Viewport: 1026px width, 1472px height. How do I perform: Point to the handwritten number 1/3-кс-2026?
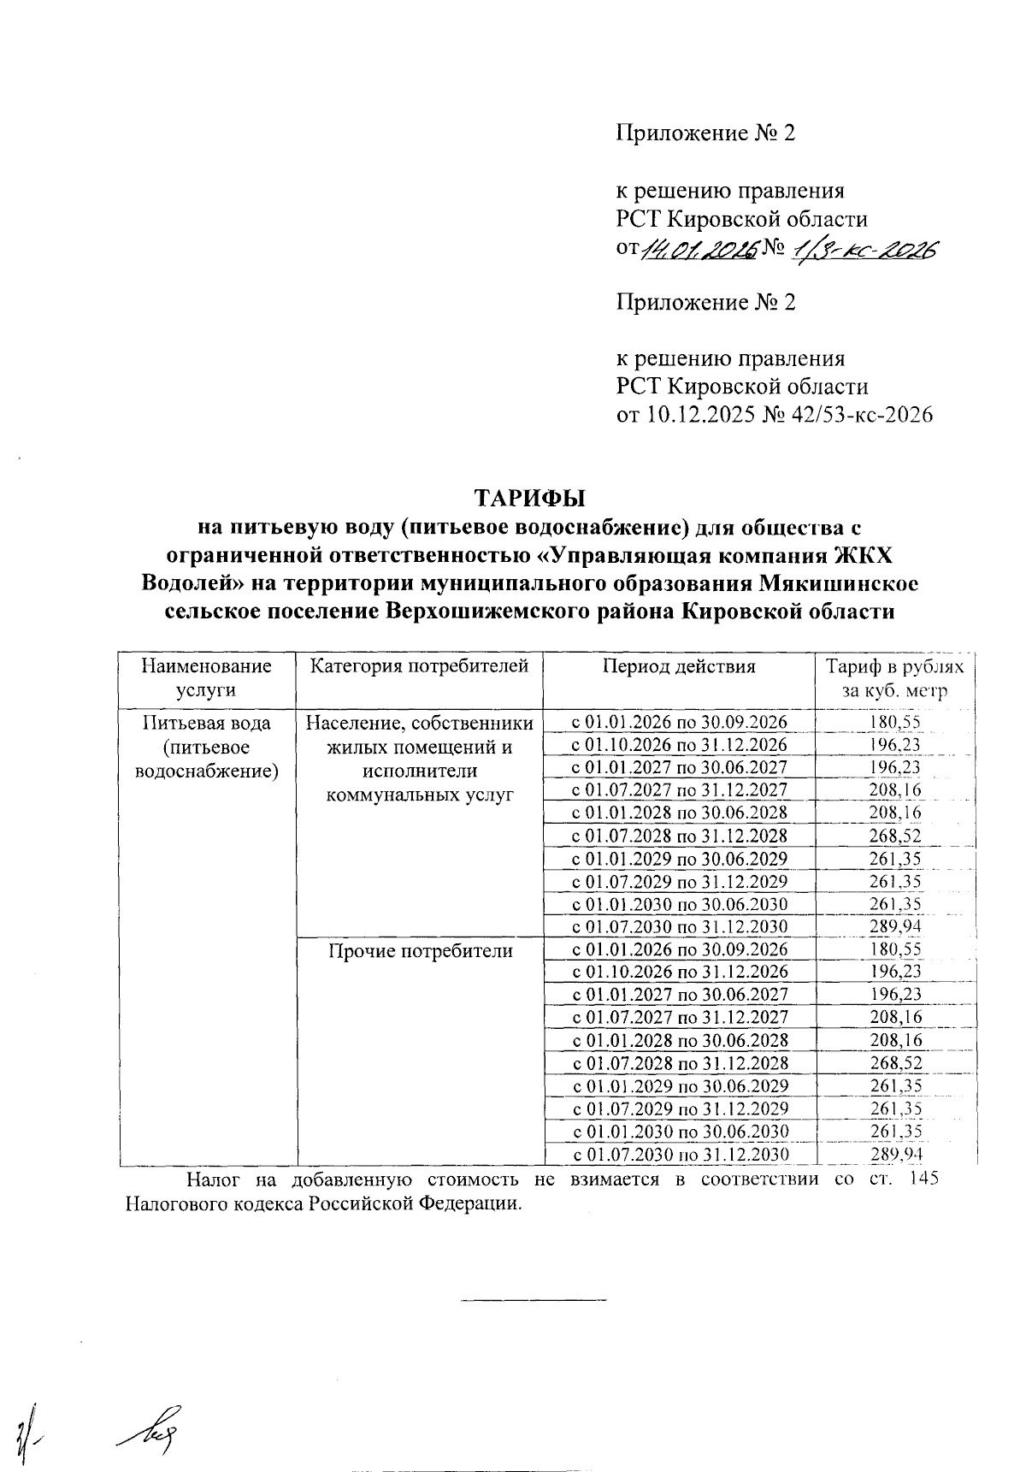coord(864,248)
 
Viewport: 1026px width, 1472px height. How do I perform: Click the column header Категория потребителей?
coord(419,666)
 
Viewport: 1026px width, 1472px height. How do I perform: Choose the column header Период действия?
coord(679,666)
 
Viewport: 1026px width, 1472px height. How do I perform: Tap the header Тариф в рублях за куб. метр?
coord(894,678)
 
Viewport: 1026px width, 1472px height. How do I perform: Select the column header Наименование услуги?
coord(206,678)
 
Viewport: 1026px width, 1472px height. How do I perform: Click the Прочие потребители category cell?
coord(421,950)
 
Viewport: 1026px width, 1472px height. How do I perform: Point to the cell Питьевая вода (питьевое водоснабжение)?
coord(206,747)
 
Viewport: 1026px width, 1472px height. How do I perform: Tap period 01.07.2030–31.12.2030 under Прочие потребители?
coord(679,1155)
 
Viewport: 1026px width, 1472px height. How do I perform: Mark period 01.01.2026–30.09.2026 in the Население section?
coord(679,722)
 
